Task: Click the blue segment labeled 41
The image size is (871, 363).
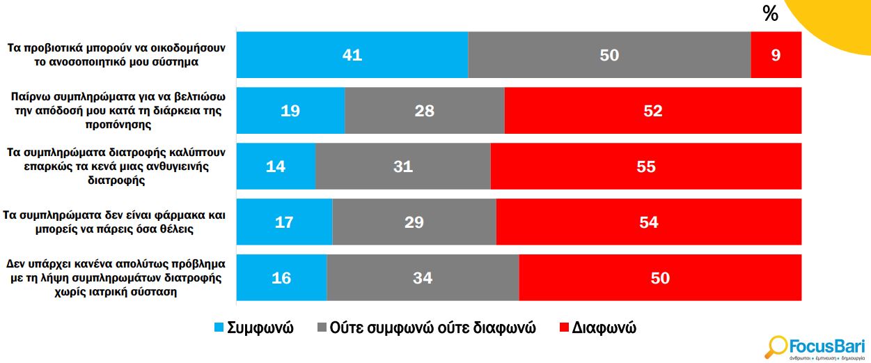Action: (352, 55)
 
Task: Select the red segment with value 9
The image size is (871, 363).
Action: (776, 55)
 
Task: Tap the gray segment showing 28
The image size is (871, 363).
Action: (424, 111)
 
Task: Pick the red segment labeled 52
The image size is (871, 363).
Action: (652, 111)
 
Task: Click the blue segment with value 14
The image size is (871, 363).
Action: (276, 167)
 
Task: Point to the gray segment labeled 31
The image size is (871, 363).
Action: (402, 167)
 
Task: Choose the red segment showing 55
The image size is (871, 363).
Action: (645, 167)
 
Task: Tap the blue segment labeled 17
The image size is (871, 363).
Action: (284, 222)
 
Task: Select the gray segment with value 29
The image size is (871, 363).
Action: (414, 222)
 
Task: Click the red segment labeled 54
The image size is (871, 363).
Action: (648, 222)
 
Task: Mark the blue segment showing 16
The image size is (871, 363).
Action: (281, 278)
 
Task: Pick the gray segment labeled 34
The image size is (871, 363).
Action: (423, 278)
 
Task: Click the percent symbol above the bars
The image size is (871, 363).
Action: (770, 13)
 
